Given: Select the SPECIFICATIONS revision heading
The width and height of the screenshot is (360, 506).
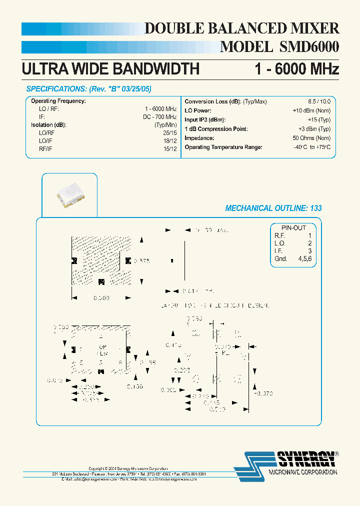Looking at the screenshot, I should click(88, 89).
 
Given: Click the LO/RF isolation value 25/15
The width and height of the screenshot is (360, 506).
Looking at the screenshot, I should click(170, 133).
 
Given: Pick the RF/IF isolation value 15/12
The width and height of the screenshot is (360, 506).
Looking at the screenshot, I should click(170, 148).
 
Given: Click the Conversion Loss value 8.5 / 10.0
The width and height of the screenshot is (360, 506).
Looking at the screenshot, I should click(319, 101).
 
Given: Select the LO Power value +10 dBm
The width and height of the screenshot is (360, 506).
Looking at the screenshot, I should click(311, 110).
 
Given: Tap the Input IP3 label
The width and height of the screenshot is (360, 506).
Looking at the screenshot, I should click(205, 120).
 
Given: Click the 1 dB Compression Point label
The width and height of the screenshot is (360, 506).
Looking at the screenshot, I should click(216, 129).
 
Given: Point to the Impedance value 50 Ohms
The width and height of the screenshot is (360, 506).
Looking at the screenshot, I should click(311, 138).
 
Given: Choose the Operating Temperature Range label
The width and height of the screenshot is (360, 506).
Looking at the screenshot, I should click(223, 147).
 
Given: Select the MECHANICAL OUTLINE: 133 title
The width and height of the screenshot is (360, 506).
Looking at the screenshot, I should click(273, 208).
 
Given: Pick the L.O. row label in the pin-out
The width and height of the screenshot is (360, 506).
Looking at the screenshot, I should click(279, 243).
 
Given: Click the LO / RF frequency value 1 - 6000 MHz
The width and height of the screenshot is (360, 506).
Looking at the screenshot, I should click(160, 109).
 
